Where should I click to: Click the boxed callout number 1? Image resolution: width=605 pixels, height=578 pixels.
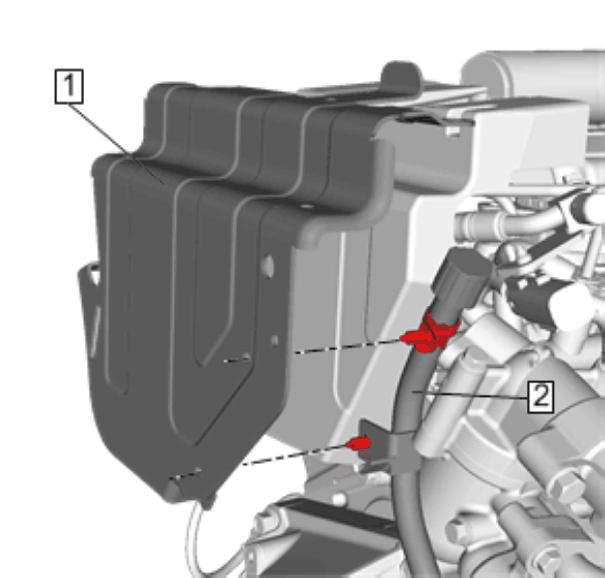click(x=69, y=86)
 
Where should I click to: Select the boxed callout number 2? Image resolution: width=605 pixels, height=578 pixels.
click(x=541, y=397)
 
